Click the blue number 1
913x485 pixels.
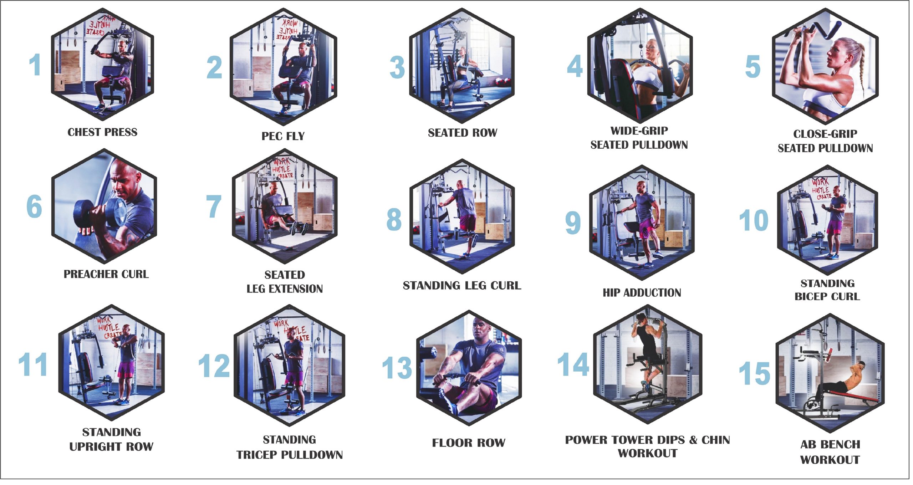(x=35, y=65)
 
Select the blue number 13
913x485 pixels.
(x=397, y=368)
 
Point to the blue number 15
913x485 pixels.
(x=754, y=373)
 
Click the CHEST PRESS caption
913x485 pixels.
(x=102, y=132)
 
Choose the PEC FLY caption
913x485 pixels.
(x=283, y=136)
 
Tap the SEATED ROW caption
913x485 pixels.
(x=463, y=133)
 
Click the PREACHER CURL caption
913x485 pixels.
(x=106, y=274)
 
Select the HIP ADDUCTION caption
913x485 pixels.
(x=642, y=293)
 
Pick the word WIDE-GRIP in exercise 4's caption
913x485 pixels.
(x=639, y=131)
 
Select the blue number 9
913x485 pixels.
(x=573, y=223)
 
